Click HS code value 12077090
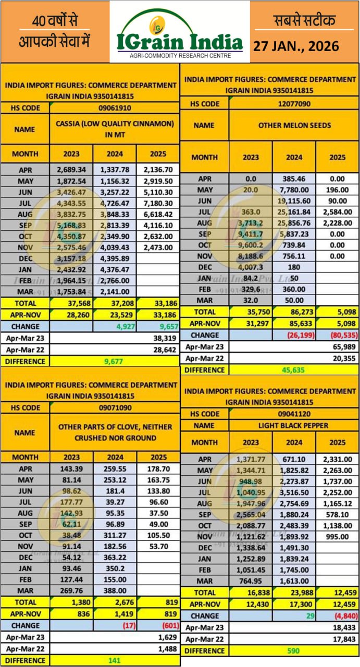click(294, 104)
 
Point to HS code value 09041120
click(294, 413)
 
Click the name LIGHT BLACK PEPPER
click(294, 425)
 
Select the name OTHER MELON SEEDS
click(294, 126)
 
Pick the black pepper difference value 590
click(294, 651)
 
